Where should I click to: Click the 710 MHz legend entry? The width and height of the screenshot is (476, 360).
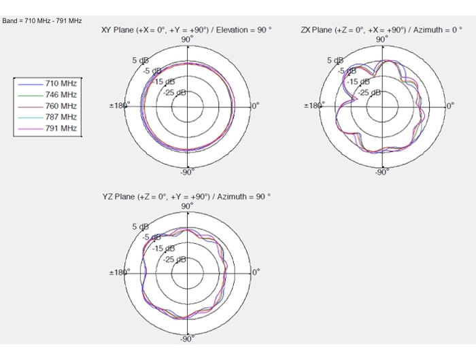point(48,84)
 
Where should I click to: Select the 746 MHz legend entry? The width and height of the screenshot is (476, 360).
point(48,95)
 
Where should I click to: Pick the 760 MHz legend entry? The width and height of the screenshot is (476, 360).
point(48,106)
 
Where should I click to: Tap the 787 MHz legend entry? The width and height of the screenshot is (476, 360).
point(48,117)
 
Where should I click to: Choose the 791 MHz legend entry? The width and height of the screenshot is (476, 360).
point(48,128)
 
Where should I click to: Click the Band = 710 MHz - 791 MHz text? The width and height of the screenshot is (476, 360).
point(42,21)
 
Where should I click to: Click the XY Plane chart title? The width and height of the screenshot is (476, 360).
point(186,30)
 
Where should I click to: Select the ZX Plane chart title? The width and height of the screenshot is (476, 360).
point(381,30)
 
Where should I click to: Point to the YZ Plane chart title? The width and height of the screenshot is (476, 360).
point(186,197)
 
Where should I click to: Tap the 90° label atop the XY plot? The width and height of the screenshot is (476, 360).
point(187,39)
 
